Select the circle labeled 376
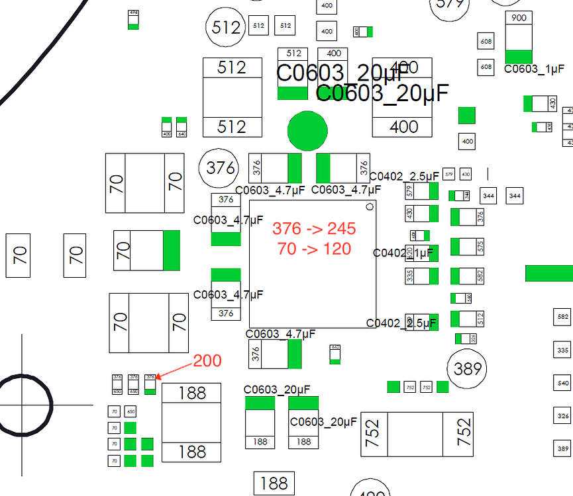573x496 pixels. coord(219,168)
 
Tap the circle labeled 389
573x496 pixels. coord(467,369)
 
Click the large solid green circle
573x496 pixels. coord(307,130)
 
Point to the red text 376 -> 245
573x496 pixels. coord(315,229)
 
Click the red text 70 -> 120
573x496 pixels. coord(315,249)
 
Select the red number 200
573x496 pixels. coord(207,361)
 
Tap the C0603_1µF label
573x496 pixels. coord(535,69)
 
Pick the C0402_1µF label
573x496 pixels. coord(403,253)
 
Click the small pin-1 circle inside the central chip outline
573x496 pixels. coord(370,212)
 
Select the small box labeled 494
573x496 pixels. coord(134,19)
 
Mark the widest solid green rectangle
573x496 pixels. coord(548,274)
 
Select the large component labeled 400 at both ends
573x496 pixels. coord(403,98)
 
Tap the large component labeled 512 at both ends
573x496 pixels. coord(231,97)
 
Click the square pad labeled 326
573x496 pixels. coord(563,416)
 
